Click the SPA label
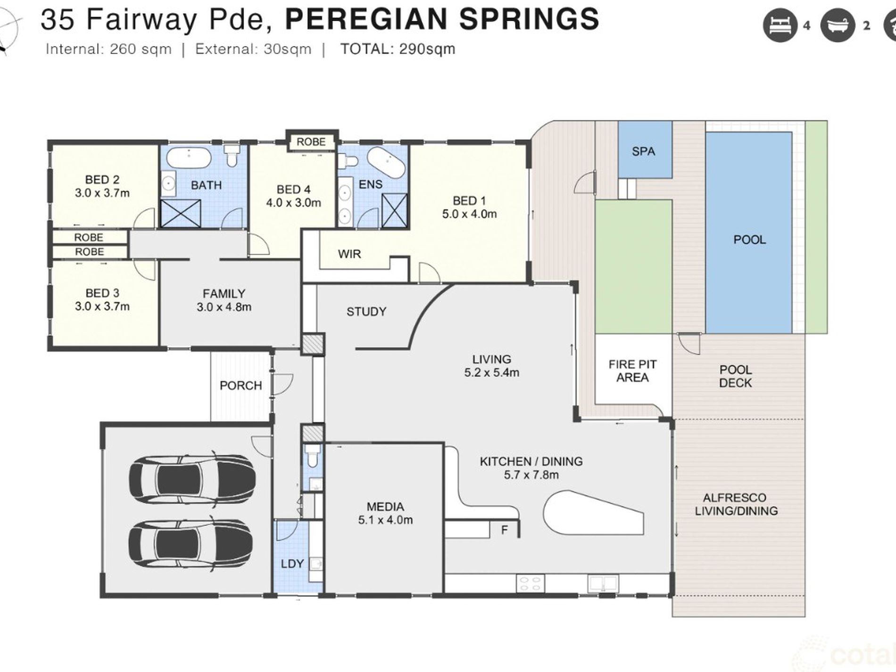[643, 151]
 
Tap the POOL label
[749, 240]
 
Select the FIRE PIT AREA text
[632, 371]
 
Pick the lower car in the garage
[192, 546]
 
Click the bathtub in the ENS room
[386, 162]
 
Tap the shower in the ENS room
[394, 210]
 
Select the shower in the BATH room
[181, 213]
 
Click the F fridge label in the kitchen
[504, 531]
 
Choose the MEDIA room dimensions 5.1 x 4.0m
[385, 520]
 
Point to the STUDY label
[366, 311]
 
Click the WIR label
[349, 254]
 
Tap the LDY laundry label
[292, 564]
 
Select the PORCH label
[241, 385]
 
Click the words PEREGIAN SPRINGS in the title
[442, 19]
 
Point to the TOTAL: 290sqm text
[398, 49]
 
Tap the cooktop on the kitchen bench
[531, 583]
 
